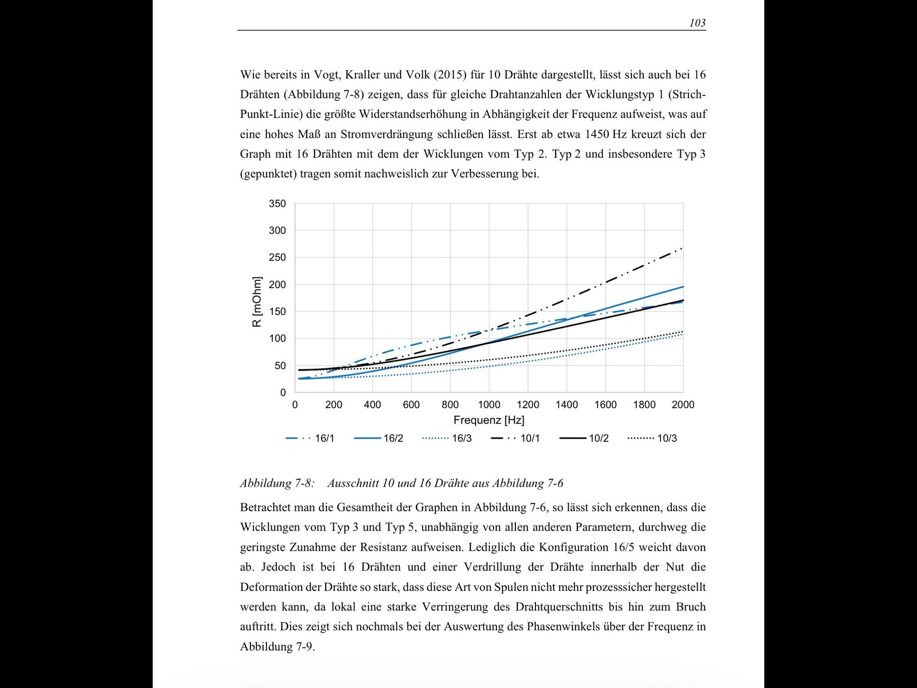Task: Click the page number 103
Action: coord(697,23)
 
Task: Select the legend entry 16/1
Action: coord(324,438)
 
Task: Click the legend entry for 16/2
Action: coord(393,438)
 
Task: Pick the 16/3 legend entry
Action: coord(461,438)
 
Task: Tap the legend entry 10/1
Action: coord(530,438)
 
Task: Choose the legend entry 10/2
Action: coord(598,438)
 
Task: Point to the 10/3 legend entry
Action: coord(667,438)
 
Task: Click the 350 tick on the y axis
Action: coord(277,204)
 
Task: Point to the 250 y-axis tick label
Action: coord(277,258)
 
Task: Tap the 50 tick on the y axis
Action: coord(280,366)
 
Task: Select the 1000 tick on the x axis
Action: coord(489,405)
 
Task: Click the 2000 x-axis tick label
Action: coord(683,405)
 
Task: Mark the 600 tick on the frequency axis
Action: coord(411,405)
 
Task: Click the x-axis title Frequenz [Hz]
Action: coord(489,420)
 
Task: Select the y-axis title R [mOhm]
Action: coord(257,302)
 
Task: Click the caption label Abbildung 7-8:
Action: coord(277,483)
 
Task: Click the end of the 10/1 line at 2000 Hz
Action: coord(682,249)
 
